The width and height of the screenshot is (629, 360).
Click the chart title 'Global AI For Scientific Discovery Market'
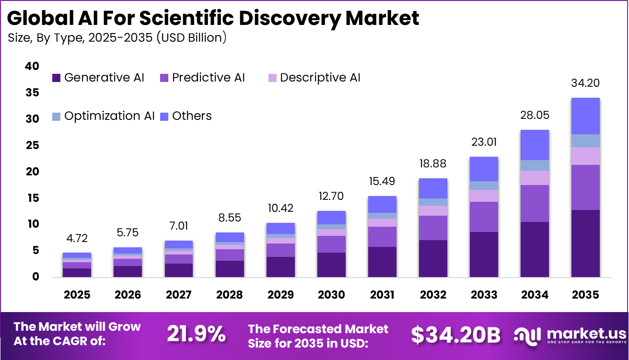pyautogui.click(x=213, y=18)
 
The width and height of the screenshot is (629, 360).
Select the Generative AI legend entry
pyautogui.click(x=98, y=78)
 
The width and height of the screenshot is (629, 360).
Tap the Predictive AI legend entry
pyautogui.click(x=202, y=78)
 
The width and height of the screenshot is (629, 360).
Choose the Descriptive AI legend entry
pyautogui.click(x=314, y=78)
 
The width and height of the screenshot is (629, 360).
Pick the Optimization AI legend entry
pyautogui.click(x=103, y=116)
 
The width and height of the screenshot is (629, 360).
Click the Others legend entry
pyautogui.click(x=186, y=116)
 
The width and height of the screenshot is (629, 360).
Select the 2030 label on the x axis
pyautogui.click(x=331, y=294)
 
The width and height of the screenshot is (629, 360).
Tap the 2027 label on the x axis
pyautogui.click(x=179, y=294)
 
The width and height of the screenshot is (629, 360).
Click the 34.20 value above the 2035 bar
pyautogui.click(x=585, y=83)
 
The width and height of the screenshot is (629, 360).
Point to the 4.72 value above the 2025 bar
pyautogui.click(x=77, y=239)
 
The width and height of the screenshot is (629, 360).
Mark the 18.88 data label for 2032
pyautogui.click(x=433, y=164)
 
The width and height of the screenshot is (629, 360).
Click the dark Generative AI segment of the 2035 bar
pyautogui.click(x=585, y=243)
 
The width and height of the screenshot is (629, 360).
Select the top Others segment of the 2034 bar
pyautogui.click(x=535, y=145)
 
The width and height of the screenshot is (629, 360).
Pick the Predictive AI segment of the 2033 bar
pyautogui.click(x=484, y=217)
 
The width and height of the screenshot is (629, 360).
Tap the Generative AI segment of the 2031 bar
pyautogui.click(x=382, y=262)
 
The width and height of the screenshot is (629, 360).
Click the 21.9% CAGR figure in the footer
pyautogui.click(x=196, y=334)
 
